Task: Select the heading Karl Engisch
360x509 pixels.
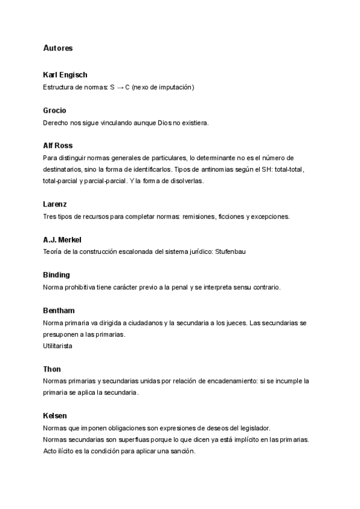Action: tap(65, 75)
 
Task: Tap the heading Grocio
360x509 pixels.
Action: tap(55, 110)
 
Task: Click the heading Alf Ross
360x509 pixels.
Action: tap(58, 146)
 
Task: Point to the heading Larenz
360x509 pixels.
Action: tap(55, 204)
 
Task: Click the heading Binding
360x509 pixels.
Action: tap(56, 275)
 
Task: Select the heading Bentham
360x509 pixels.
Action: tap(59, 310)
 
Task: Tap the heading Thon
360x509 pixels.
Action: tap(52, 369)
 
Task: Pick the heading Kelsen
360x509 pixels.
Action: tap(55, 415)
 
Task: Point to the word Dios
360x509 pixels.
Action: tap(165, 123)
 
